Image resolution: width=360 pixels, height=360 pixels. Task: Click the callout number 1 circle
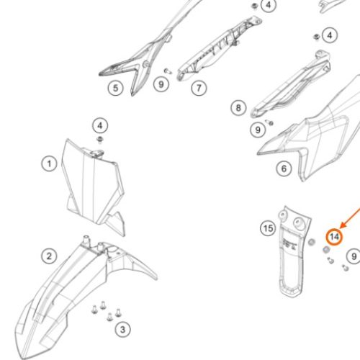[x=49, y=164]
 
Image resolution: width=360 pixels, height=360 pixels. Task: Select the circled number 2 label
[x=49, y=256]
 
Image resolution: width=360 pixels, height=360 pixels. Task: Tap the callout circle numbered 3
[x=122, y=329]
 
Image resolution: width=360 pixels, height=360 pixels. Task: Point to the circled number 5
[x=115, y=88]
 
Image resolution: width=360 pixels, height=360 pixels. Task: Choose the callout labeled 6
[x=284, y=168]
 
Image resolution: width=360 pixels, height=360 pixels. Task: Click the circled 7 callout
[x=199, y=88]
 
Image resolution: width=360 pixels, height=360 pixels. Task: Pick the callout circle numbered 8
[x=238, y=107]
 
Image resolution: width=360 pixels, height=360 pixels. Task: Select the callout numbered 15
[x=268, y=228]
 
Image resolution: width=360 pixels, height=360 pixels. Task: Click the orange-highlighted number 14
[x=334, y=237]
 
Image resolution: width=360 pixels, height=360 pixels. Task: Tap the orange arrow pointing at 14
[x=351, y=218]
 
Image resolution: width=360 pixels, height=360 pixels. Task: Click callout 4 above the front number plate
[x=100, y=125]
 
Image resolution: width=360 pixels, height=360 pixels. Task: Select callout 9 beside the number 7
[x=161, y=84]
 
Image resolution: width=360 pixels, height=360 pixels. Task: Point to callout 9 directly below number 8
[x=258, y=130]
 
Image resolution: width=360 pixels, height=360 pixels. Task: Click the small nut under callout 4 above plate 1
[x=99, y=139]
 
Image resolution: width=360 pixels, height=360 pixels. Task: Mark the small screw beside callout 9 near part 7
[x=168, y=71]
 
